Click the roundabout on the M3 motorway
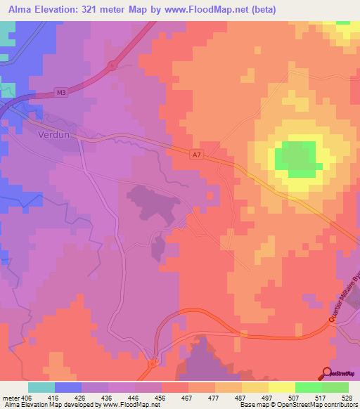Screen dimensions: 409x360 click(x=112, y=65)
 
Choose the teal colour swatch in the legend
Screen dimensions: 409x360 click(x=41, y=387)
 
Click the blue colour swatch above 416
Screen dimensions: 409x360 click(x=68, y=387)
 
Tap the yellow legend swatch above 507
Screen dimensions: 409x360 click(x=281, y=387)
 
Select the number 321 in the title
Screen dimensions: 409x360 click(x=94, y=10)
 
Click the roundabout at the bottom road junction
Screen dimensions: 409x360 click(x=152, y=365)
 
